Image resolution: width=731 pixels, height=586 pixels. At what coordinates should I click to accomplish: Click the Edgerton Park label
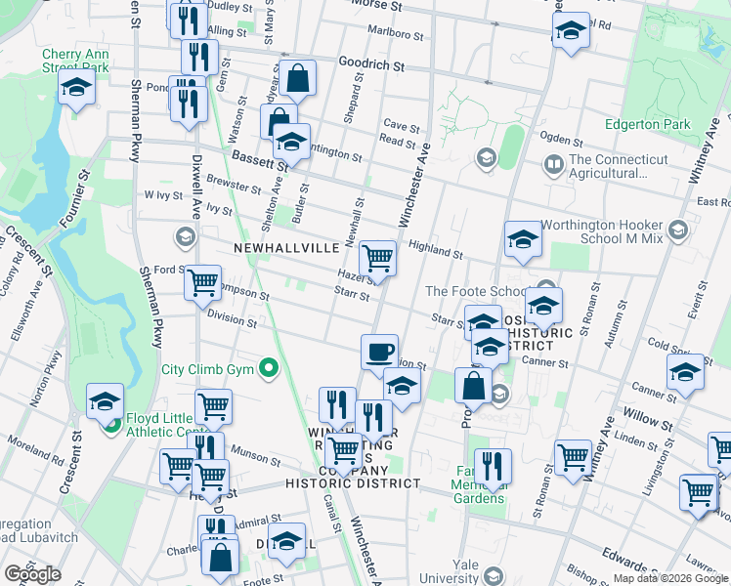tap(647, 124)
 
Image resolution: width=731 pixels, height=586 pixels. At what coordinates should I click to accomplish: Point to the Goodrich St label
tap(371, 65)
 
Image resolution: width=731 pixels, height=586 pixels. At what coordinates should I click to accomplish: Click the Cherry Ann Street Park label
tap(75, 61)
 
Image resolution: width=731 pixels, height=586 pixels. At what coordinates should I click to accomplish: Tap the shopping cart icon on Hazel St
tap(377, 258)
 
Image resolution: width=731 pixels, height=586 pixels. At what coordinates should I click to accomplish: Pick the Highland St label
tap(435, 250)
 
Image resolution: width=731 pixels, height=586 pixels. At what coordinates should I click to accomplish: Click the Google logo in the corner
tap(32, 574)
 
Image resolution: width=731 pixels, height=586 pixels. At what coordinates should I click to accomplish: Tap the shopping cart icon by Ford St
tap(202, 282)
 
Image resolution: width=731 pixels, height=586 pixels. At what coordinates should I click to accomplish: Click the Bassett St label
tap(256, 157)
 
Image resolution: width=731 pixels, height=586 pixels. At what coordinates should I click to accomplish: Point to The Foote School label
tap(475, 290)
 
